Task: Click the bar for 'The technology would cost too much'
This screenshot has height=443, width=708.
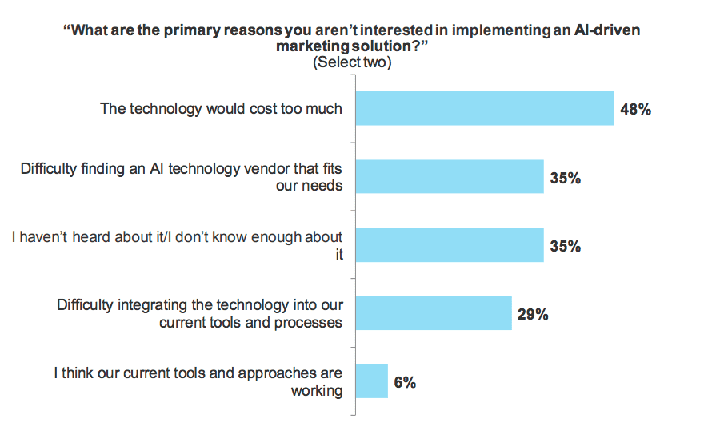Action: (485, 108)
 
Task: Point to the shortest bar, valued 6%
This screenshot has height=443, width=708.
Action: (371, 381)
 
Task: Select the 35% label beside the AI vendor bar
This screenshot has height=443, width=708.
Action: (565, 178)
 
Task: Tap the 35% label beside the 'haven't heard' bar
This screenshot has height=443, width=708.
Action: (565, 246)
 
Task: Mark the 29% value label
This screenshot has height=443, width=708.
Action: (532, 314)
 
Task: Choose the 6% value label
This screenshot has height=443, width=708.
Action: (405, 382)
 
